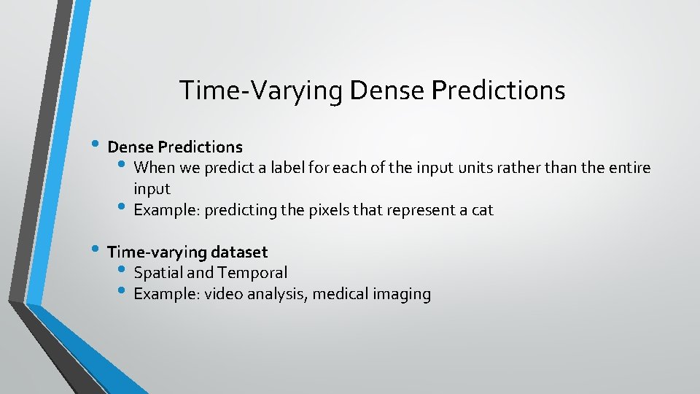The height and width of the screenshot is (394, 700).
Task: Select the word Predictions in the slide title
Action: [x=499, y=90]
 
